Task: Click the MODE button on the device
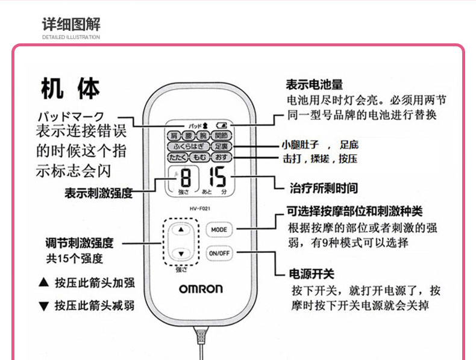tap(219, 229)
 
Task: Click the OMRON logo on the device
tap(201, 288)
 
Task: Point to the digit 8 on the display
tap(186, 179)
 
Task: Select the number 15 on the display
tap(217, 179)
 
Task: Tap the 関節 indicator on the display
tap(222, 136)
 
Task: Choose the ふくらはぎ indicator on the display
tap(189, 146)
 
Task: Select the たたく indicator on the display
tap(177, 157)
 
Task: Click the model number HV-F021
tap(200, 208)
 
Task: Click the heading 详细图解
tap(71, 24)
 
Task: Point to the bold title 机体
tap(70, 89)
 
